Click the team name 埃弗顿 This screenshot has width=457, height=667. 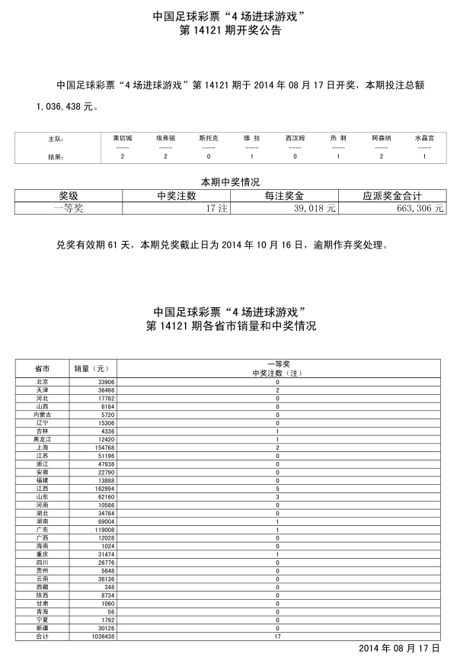tap(166, 139)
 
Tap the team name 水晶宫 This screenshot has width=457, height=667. tap(424, 139)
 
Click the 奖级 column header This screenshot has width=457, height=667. tap(75, 195)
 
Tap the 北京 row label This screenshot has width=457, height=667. tap(43, 381)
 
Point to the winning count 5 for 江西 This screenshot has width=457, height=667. tap(277, 489)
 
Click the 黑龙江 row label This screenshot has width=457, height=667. tap(43, 439)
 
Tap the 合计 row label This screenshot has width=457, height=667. tap(43, 636)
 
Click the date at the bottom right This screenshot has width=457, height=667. tap(399, 648)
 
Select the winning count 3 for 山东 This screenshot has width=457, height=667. tap(277, 496)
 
